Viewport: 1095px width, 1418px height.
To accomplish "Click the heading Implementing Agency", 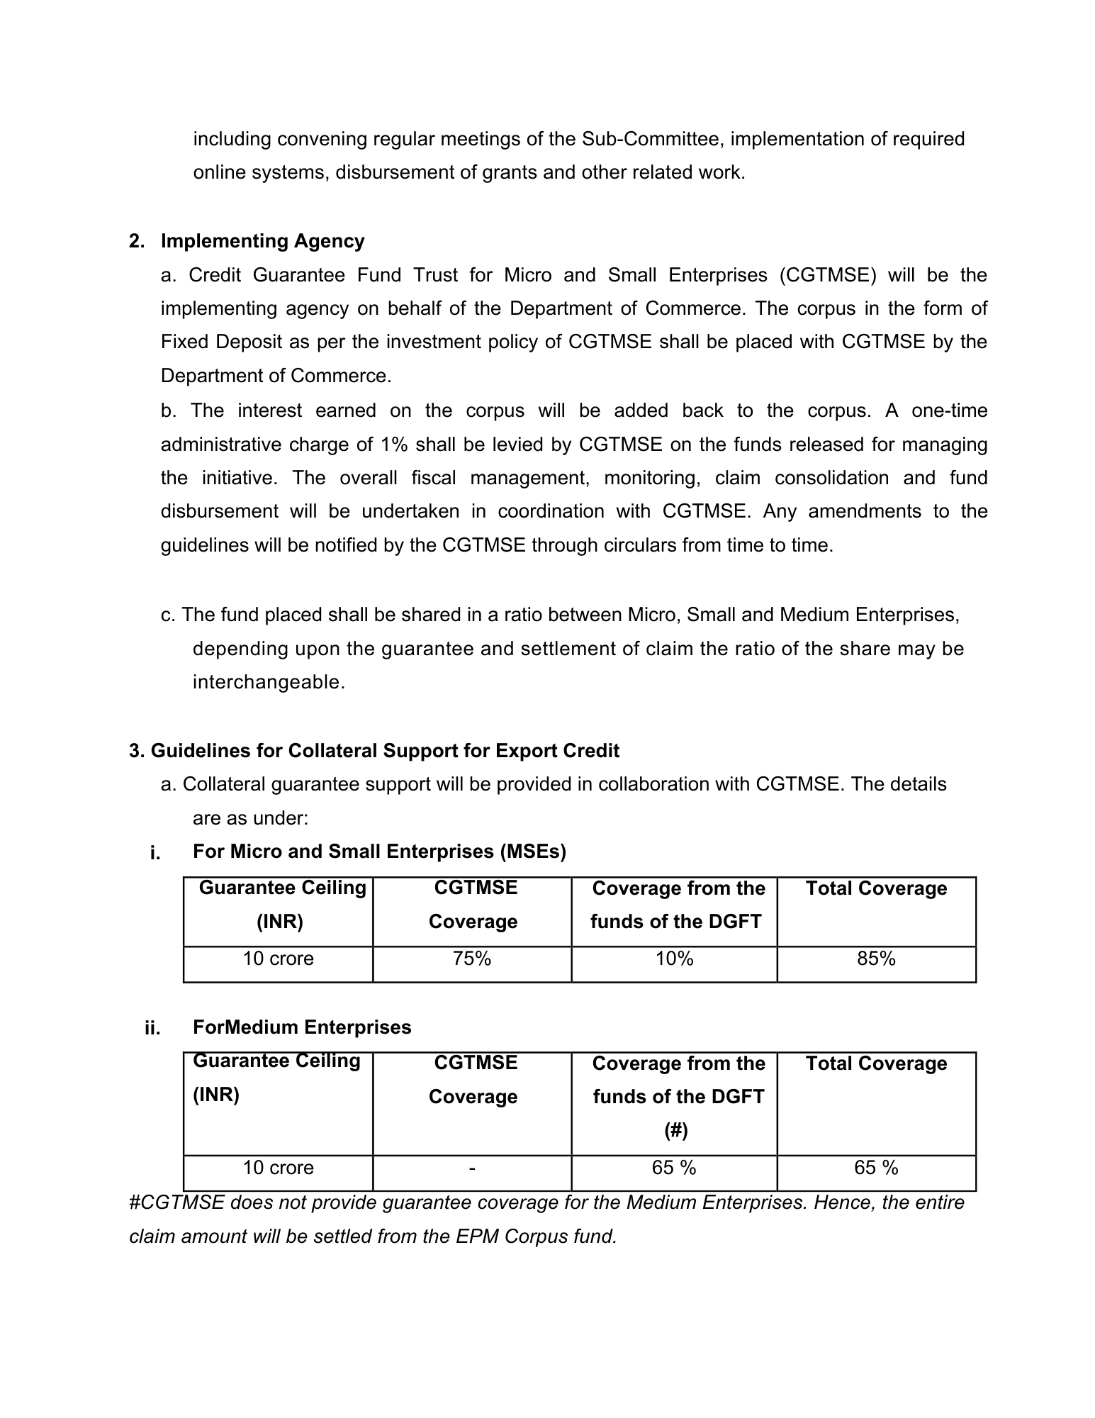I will (262, 241).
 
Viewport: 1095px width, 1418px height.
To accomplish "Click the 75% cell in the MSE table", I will (472, 959).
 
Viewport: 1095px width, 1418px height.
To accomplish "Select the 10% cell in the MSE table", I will (674, 959).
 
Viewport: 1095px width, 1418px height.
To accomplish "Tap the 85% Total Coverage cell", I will (876, 959).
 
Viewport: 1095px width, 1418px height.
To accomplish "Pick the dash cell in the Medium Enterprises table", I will (472, 1168).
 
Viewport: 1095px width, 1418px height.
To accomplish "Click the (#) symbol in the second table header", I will (676, 1130).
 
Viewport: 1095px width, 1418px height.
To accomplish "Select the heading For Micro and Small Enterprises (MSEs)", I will (379, 852).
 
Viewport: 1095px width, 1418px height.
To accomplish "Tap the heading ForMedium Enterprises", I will (302, 1027).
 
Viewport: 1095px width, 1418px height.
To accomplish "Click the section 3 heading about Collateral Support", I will (374, 751).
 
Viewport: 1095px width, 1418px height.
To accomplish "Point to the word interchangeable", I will (269, 682).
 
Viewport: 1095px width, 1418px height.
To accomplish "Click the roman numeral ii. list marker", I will (152, 1028).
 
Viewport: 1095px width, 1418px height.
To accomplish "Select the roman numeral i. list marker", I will (155, 853).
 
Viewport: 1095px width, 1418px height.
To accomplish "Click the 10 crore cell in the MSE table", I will (278, 959).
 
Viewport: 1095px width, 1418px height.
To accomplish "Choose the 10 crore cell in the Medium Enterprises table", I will (278, 1168).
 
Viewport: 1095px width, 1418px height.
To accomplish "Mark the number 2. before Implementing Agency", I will (137, 242).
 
